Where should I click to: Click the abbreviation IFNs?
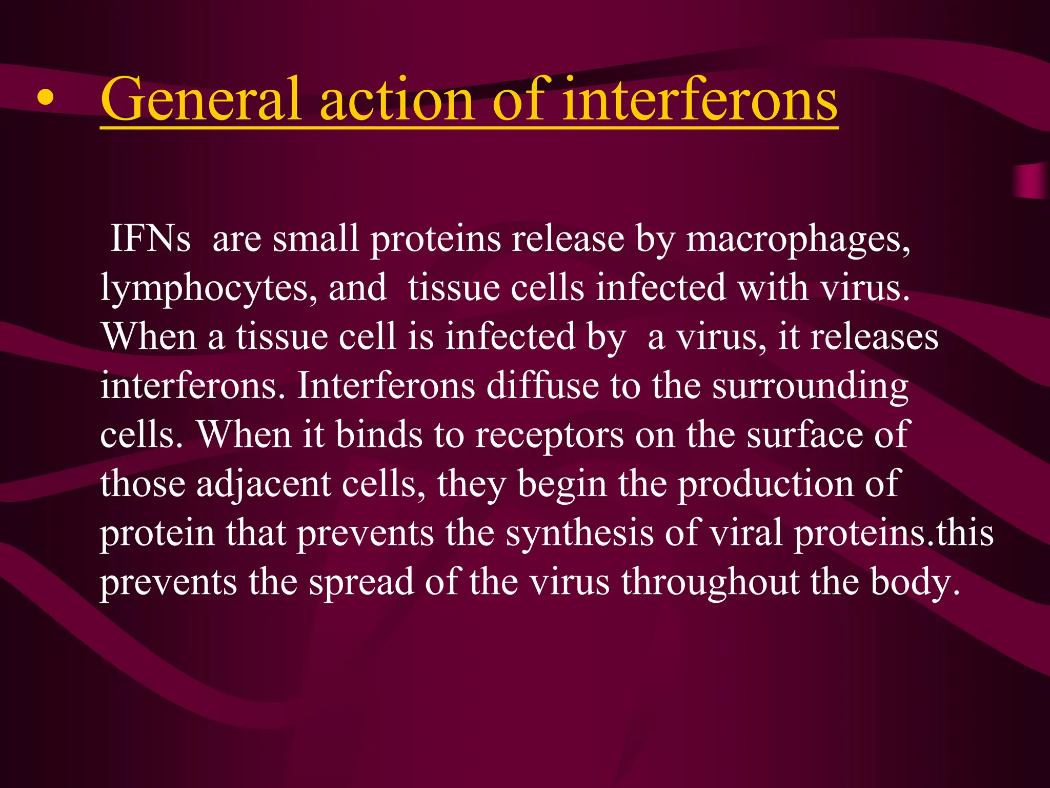150,239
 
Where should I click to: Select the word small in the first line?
315,239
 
